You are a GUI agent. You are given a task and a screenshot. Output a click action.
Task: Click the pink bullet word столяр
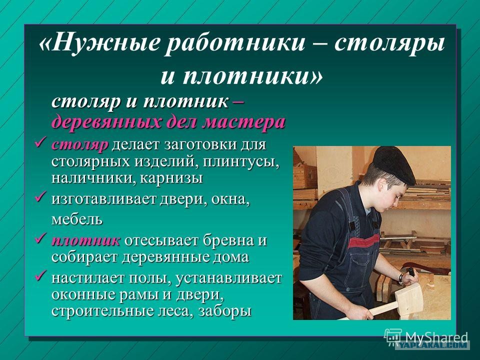(x=80, y=145)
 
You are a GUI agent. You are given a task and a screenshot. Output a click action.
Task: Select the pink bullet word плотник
(x=85, y=240)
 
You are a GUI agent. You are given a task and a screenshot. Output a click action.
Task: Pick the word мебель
(x=77, y=219)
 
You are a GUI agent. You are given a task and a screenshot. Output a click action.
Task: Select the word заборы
(x=225, y=311)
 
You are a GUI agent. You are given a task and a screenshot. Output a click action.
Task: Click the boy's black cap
(x=393, y=164)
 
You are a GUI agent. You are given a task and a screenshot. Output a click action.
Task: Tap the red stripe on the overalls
(x=363, y=241)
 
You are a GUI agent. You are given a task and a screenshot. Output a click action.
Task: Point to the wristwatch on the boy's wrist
(x=401, y=278)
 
